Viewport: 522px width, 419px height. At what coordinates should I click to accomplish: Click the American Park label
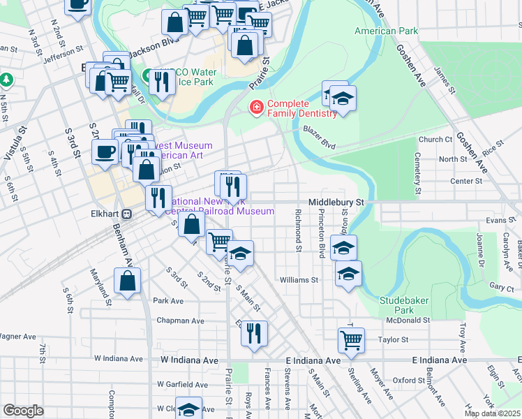coord(386,31)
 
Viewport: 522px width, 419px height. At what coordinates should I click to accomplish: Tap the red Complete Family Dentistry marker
coord(256,107)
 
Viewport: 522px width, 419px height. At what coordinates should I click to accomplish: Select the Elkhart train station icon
coord(127,214)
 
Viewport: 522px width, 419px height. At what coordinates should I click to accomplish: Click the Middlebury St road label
coord(337,201)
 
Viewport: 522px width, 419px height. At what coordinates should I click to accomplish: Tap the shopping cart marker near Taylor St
coord(352,339)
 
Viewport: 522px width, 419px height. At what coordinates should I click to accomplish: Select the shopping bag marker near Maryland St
coord(127,281)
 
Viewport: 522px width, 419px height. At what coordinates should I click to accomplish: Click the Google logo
coord(23,411)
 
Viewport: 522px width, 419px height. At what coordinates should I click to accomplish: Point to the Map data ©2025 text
coord(492,413)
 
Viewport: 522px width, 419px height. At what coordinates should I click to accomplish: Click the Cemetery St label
coord(417,173)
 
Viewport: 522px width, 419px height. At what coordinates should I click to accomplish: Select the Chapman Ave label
coord(180,321)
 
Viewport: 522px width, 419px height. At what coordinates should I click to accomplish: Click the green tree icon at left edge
coord(7,80)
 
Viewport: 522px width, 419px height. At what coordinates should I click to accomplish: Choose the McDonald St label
coord(408,321)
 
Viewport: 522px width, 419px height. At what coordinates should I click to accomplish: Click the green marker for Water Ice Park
coord(148,74)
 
